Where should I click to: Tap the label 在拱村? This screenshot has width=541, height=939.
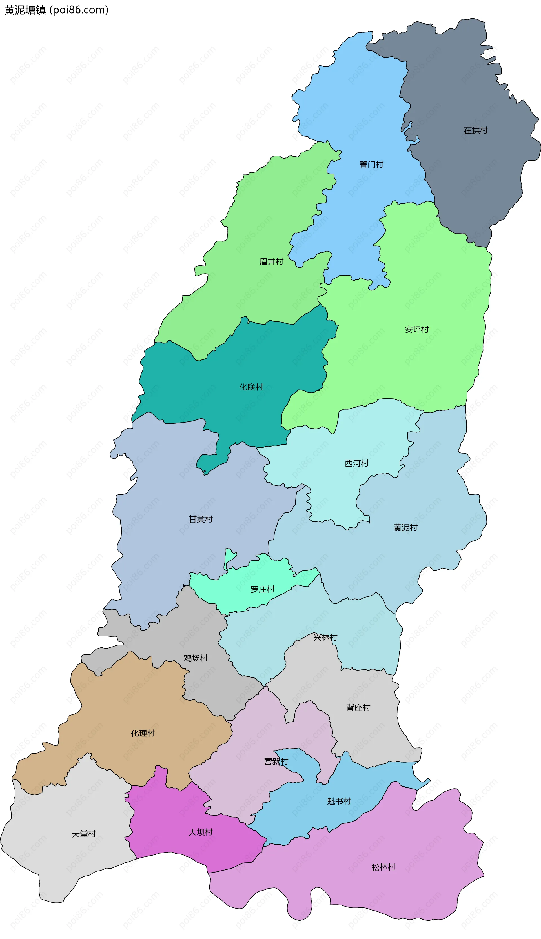pos(475,130)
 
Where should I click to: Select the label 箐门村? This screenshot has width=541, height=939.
pos(371,165)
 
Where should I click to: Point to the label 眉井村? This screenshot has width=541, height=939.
pos(271,262)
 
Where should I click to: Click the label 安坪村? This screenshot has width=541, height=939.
pos(416,329)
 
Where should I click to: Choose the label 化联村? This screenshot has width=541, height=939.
pos(251,387)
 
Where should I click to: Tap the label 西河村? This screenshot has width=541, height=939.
pos(357,463)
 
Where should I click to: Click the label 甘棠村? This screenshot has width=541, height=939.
pos(201,519)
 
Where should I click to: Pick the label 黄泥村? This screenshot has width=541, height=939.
pos(405,527)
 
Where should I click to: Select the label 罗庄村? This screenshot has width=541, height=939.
pos(262,589)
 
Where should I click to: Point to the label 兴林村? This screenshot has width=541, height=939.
pos(325,637)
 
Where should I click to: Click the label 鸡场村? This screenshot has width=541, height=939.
pos(196,658)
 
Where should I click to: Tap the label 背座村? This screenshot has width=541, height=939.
pos(358,708)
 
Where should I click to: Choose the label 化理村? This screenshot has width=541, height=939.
pos(143,733)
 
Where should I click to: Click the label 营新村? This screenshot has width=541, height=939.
pos(276,762)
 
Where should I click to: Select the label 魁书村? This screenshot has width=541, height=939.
pos(339,801)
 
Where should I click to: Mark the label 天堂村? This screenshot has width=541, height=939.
pos(84,834)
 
